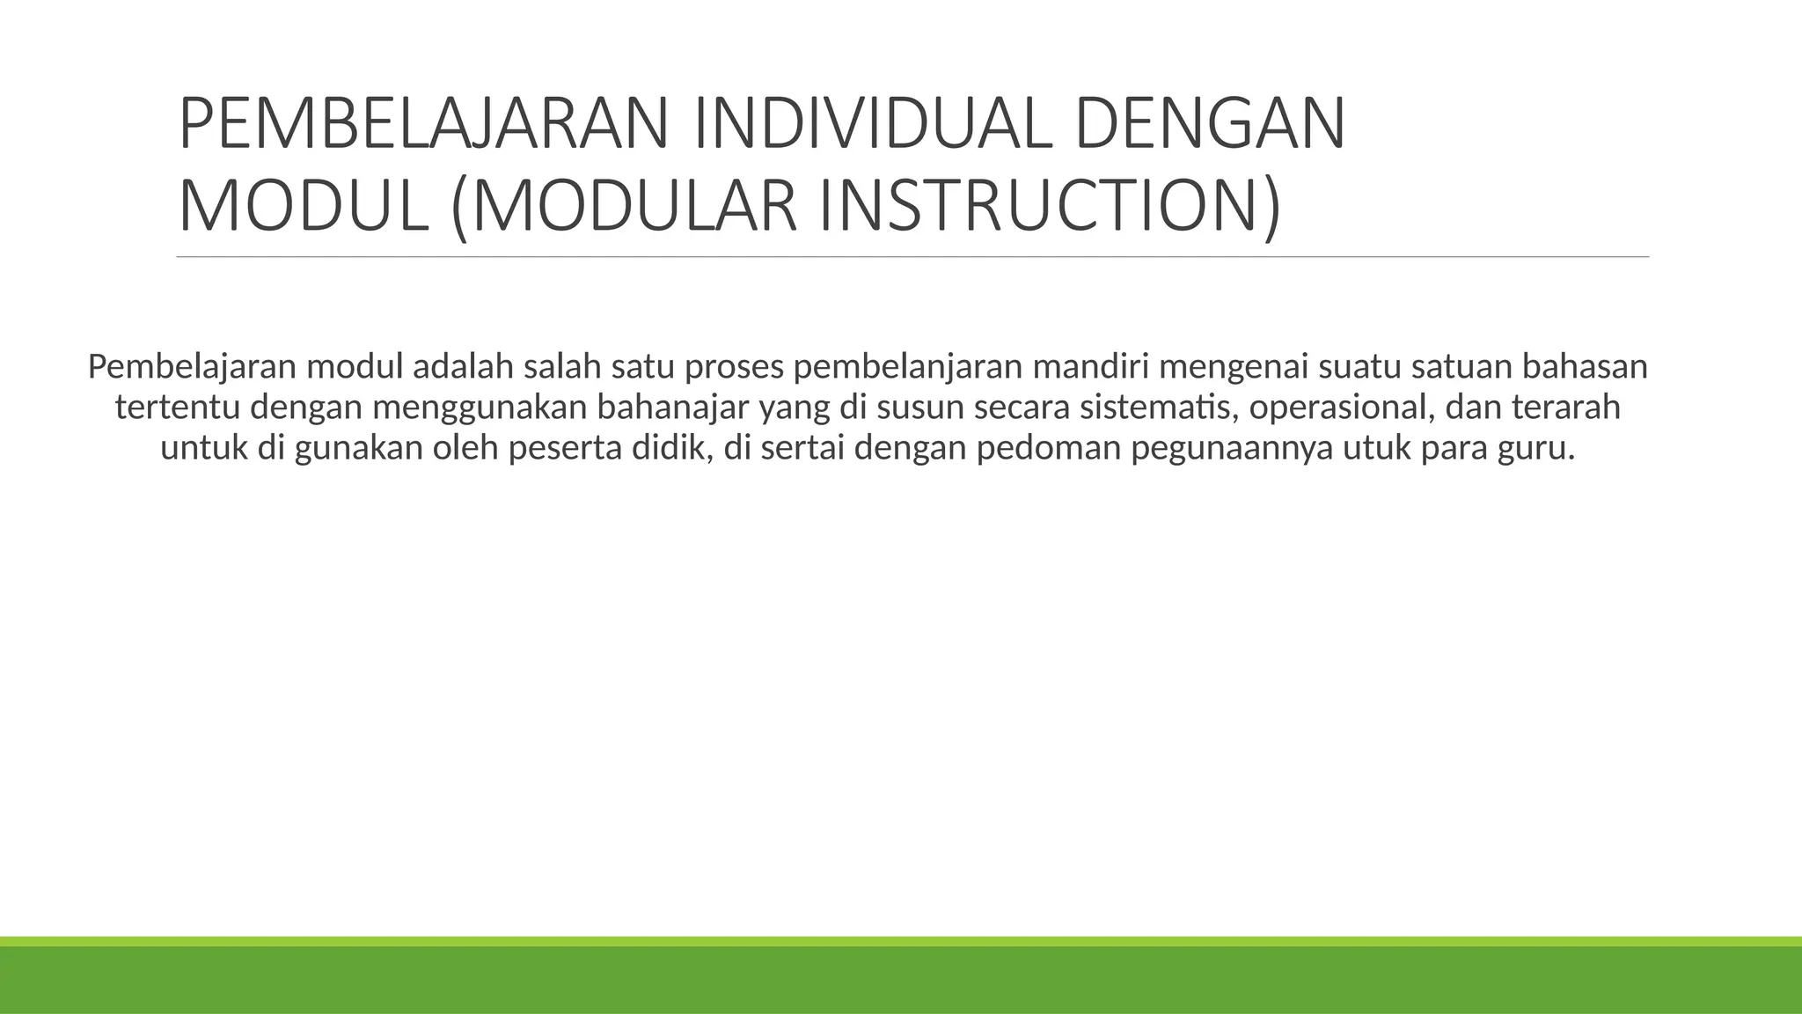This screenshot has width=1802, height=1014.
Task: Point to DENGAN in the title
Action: pos(1210,124)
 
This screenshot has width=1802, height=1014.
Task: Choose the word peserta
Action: pos(560,448)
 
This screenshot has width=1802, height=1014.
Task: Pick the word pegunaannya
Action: pos(1231,448)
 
